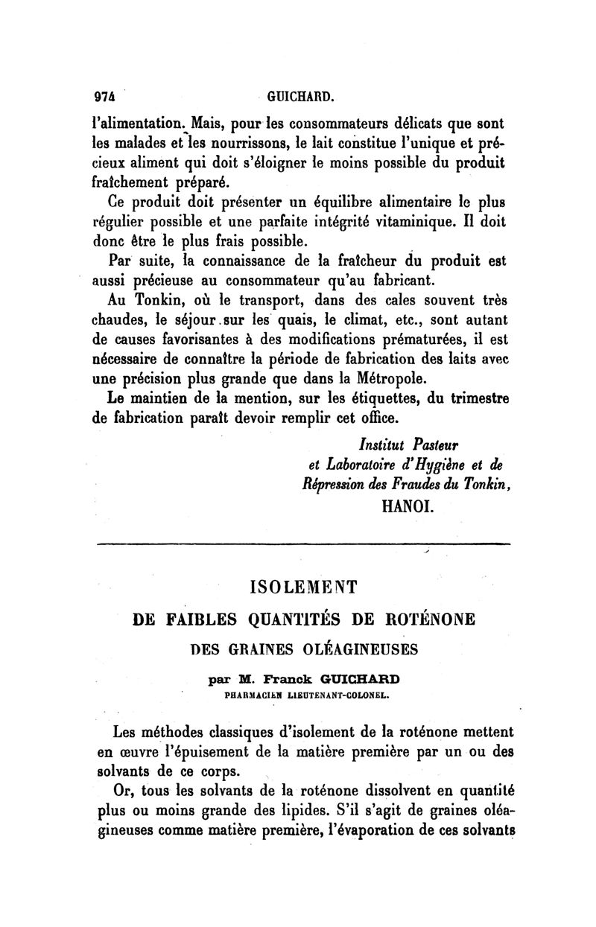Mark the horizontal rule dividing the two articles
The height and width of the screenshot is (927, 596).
click(x=303, y=545)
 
